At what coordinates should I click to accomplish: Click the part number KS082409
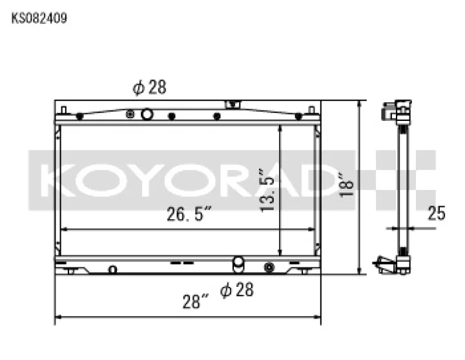tap(39, 18)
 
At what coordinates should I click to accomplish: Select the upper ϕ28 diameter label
tap(149, 87)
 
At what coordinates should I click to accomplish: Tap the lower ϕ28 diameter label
tap(237, 290)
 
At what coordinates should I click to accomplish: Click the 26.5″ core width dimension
tap(189, 214)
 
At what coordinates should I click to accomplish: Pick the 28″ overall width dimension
tap(196, 301)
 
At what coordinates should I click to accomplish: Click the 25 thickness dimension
tap(436, 213)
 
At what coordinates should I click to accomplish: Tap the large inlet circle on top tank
tap(147, 114)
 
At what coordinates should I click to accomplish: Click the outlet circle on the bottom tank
tap(238, 262)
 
